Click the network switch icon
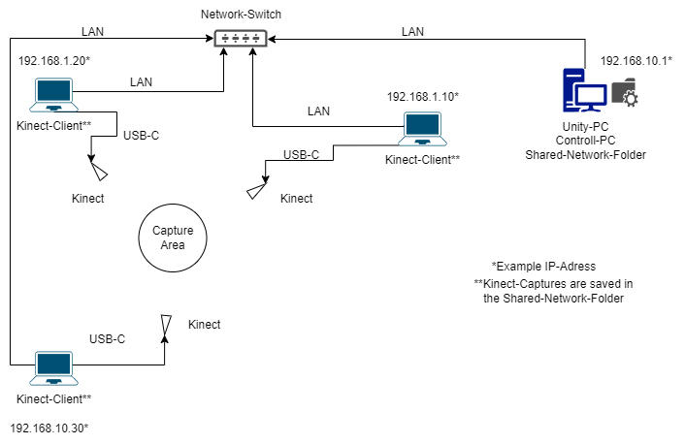pos(241,39)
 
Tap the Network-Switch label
pos(241,15)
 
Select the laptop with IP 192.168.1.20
pos(53,95)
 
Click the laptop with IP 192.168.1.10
pos(422,129)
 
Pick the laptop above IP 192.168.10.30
pos(53,368)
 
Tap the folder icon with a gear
pos(625,92)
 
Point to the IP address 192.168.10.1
pos(636,61)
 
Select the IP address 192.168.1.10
pos(423,97)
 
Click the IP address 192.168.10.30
pos(49,428)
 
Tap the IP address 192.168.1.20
pos(54,61)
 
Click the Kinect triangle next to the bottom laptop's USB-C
pos(166,325)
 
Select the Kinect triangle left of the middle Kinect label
pos(256,191)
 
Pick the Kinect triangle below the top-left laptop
pos(99,172)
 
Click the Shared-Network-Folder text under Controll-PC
pos(585,155)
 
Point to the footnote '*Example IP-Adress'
pos(543,267)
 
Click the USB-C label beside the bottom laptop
pos(107,338)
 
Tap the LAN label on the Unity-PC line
pos(412,31)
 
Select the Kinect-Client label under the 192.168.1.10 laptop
pos(422,160)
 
